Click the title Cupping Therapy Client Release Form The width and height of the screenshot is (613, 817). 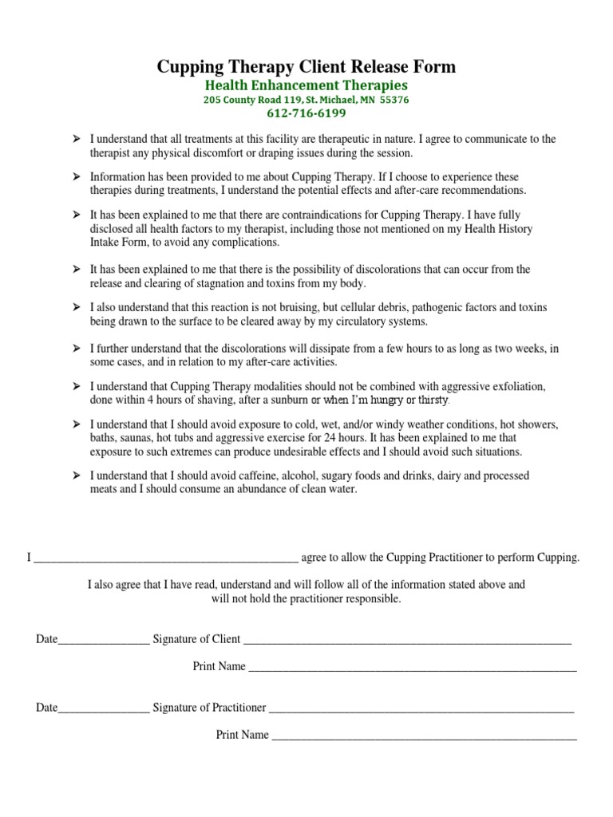point(306,66)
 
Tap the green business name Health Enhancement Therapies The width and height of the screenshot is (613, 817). point(306,85)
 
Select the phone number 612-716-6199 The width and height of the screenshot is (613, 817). point(306,113)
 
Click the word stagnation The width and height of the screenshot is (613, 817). point(240,282)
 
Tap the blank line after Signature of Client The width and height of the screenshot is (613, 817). point(407,639)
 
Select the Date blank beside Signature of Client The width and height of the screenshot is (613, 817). point(103,639)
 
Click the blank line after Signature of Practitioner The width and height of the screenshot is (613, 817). point(421,707)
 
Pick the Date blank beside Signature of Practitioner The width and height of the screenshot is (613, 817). point(103,707)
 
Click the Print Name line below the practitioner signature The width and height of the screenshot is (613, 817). point(424,735)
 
